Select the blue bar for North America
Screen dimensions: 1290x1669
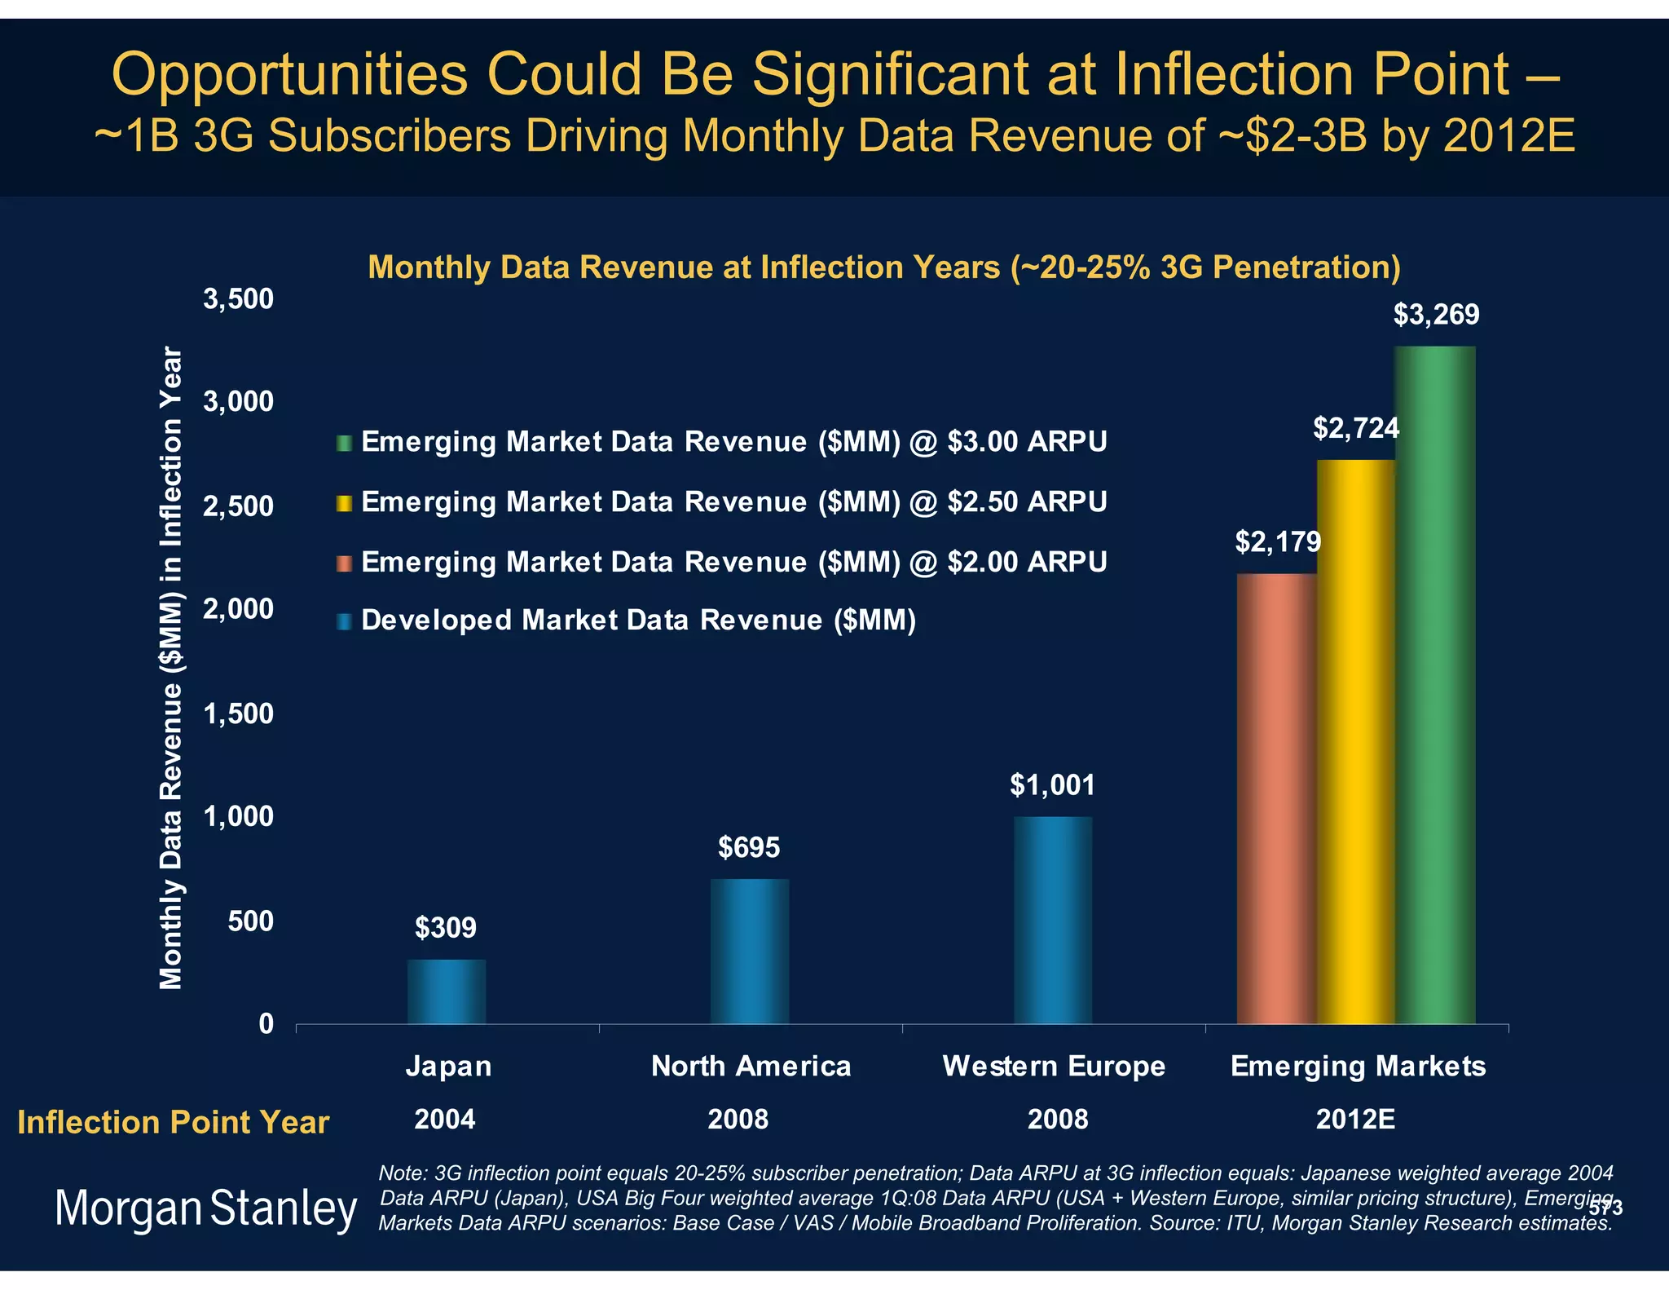[750, 951]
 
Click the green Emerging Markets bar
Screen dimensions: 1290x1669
[1435, 685]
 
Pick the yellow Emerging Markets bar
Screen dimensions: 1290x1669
[1356, 742]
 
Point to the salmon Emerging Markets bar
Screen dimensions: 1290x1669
[1276, 799]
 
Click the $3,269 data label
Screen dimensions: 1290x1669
[1436, 315]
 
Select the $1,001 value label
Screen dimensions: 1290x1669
[1052, 784]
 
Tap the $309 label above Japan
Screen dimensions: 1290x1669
[446, 927]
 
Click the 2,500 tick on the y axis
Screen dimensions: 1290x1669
[238, 506]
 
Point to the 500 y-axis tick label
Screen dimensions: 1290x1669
[251, 921]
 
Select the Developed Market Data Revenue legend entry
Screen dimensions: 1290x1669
[638, 621]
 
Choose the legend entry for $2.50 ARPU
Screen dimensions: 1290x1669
[733, 501]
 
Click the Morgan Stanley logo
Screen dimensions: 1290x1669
[205, 1208]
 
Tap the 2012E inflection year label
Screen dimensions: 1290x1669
[1355, 1120]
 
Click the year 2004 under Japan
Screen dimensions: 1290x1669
[445, 1120]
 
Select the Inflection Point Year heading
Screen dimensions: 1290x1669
[173, 1123]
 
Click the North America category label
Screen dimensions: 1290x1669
[751, 1066]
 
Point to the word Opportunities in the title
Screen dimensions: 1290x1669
[289, 75]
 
